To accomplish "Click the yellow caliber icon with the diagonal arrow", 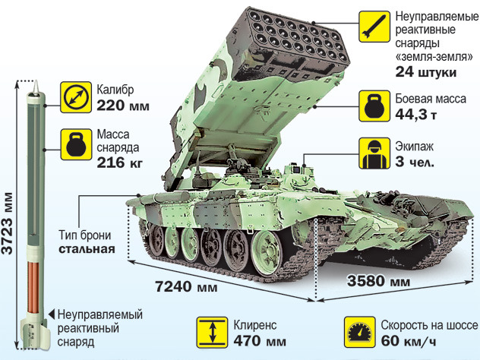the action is tap(76, 97).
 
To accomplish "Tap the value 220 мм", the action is tap(123, 106).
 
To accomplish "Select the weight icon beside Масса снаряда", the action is tap(76, 144).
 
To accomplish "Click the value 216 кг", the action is tap(120, 163).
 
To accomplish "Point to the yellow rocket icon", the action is tap(374, 27).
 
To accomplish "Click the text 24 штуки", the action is tap(426, 72).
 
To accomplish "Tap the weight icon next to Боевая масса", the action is tap(374, 106).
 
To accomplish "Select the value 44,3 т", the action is tap(415, 115).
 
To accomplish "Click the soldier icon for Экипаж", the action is tap(374, 153).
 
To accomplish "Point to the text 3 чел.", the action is tap(415, 162).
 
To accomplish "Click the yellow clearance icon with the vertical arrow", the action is tap(213, 333).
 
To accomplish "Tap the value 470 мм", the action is tap(260, 341).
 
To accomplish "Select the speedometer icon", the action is tap(360, 333).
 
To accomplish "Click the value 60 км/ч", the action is tap(409, 341).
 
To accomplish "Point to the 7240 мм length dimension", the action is tap(186, 287).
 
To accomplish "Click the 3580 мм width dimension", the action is tap(378, 281).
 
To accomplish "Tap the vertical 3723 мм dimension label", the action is tap(8, 223).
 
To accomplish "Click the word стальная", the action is tap(87, 249).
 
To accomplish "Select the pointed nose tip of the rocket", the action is tap(36, 81).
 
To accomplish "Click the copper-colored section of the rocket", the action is tap(33, 287).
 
